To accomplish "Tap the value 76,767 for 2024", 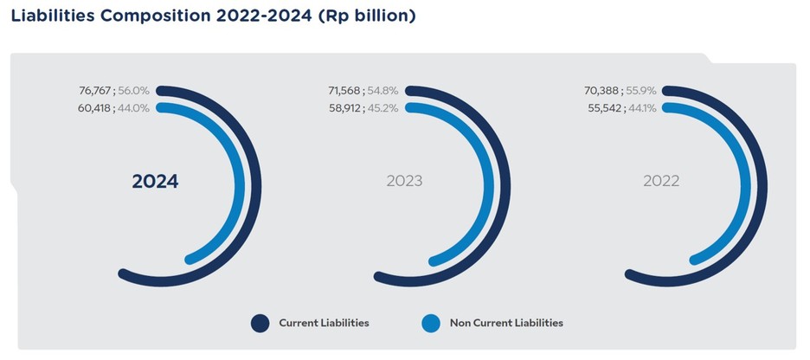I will pos(94,90).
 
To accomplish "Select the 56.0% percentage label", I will pos(133,90).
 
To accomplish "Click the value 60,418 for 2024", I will pos(94,108).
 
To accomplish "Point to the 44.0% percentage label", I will pos(133,108).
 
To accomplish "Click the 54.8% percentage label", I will pos(382,90).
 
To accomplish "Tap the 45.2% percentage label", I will pos(382,108).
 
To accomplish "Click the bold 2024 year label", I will pos(155,182).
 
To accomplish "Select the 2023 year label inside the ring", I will pos(404,182).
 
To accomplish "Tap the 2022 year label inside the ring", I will pos(661,182).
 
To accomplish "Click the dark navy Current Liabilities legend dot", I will pos(260,324).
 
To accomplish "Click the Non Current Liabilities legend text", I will pos(506,323).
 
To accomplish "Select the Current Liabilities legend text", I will pos(324,323).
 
